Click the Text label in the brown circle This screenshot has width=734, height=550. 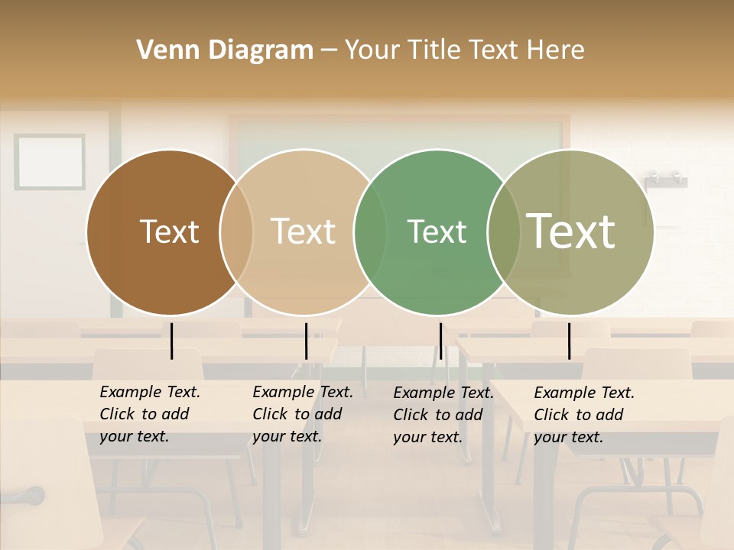pos(169,231)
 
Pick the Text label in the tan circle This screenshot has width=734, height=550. pos(303,231)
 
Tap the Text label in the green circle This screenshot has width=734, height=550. pos(437,231)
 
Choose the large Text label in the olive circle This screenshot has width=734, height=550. pos(571,231)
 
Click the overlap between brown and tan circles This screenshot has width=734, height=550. pos(236,232)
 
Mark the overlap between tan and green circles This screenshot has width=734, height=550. pos(370,232)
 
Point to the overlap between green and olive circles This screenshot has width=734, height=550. pos(504,232)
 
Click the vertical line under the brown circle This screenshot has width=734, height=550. pos(172,341)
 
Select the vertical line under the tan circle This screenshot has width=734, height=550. pos(306,341)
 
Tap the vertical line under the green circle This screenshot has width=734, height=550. pos(440,341)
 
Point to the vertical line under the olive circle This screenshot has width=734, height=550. pos(569,341)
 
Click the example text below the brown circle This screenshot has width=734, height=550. pos(150,414)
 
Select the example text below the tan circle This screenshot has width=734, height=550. pos(303,414)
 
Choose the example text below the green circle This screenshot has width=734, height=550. pos(443,415)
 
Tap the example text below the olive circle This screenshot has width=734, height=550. pos(584,415)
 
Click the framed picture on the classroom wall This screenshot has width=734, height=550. pos(50,161)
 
